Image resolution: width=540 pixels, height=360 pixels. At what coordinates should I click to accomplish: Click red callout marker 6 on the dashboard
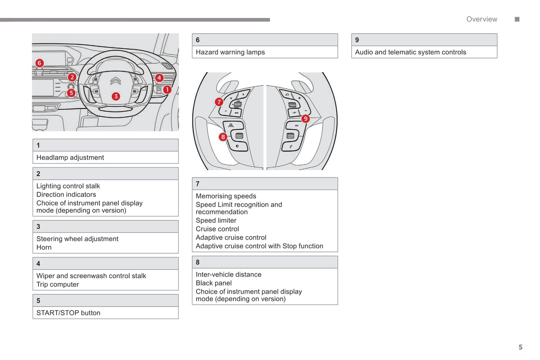pyautogui.click(x=39, y=63)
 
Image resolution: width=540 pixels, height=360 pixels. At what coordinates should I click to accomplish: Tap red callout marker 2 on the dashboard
pyautogui.click(x=72, y=77)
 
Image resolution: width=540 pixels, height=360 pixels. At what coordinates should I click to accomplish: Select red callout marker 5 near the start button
pyautogui.click(x=71, y=93)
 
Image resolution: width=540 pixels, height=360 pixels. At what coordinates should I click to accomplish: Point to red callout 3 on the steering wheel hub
pyautogui.click(x=116, y=96)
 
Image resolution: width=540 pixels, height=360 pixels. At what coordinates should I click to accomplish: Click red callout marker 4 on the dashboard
pyautogui.click(x=159, y=78)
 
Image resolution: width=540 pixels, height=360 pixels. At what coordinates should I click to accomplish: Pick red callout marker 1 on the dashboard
pyautogui.click(x=167, y=90)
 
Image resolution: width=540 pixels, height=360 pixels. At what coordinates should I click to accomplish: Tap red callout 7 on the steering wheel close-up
pyautogui.click(x=219, y=102)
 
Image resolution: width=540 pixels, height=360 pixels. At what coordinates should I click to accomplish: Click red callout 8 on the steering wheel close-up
pyautogui.click(x=223, y=137)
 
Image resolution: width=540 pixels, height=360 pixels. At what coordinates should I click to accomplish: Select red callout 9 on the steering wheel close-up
pyautogui.click(x=306, y=119)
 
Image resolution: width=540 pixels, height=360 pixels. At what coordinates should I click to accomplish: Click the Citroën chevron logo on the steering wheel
pyautogui.click(x=115, y=81)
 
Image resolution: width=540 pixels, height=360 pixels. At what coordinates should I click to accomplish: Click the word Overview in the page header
pyautogui.click(x=481, y=19)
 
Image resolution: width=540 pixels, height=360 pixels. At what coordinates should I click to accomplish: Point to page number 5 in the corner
pyautogui.click(x=520, y=347)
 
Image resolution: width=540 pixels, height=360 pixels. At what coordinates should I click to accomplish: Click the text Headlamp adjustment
pyautogui.click(x=70, y=158)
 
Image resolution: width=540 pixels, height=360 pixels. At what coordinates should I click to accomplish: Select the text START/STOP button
pyautogui.click(x=68, y=313)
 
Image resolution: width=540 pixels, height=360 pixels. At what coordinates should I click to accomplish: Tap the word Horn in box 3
pyautogui.click(x=44, y=248)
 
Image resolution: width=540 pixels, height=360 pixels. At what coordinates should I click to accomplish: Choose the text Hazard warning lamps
pyautogui.click(x=230, y=52)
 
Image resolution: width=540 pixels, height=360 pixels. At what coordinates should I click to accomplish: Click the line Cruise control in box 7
pyautogui.click(x=217, y=229)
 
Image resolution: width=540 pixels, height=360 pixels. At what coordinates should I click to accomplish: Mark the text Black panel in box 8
pyautogui.click(x=213, y=283)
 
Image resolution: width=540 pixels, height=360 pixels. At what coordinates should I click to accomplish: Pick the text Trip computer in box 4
pyautogui.click(x=58, y=285)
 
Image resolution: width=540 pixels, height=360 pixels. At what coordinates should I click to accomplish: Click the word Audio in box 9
pyautogui.click(x=364, y=52)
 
